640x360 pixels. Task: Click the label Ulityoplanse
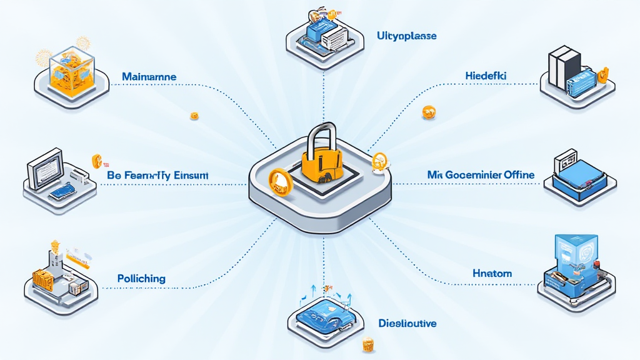407,36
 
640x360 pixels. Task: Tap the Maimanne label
149,77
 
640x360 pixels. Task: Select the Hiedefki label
486,76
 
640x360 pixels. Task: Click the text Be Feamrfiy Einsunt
157,176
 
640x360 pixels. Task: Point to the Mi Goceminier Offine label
481,175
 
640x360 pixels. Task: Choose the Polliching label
141,277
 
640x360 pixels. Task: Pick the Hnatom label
492,273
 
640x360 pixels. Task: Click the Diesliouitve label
407,323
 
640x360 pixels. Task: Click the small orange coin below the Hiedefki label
429,112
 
